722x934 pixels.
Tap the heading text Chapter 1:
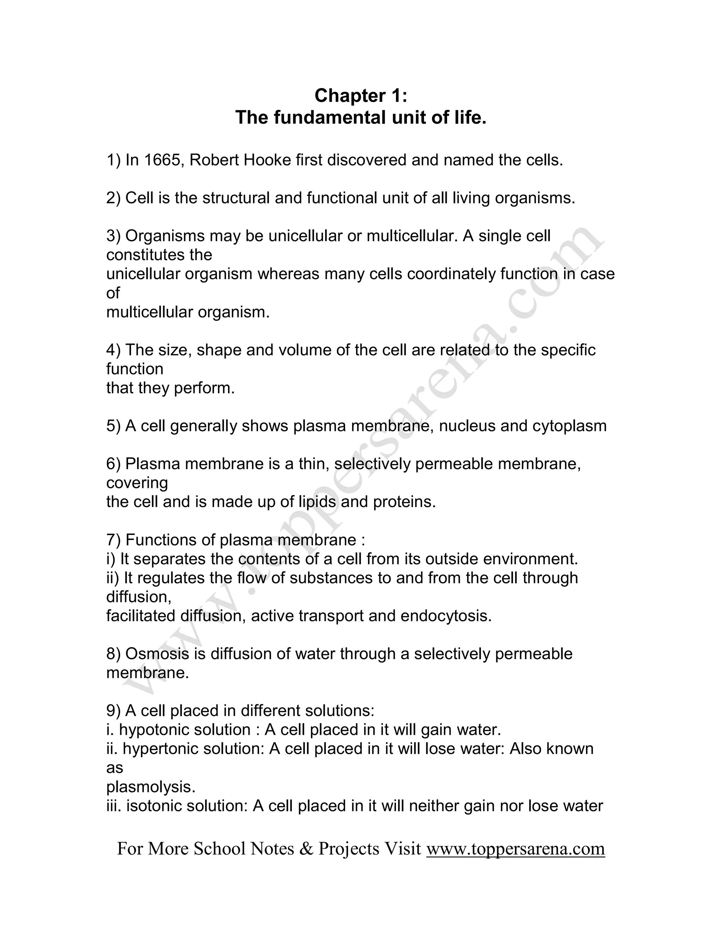click(361, 96)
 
